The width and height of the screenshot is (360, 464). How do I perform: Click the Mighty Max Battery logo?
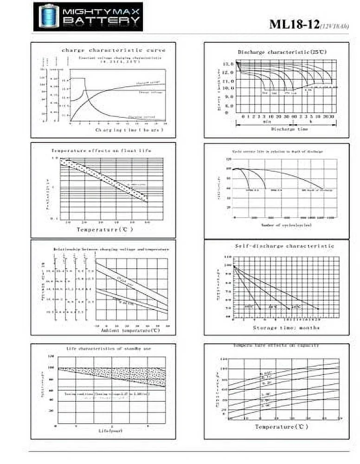coord(88,17)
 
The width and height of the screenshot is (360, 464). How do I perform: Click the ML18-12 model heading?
coord(294,25)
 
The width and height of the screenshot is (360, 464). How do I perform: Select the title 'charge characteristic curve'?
coord(113,50)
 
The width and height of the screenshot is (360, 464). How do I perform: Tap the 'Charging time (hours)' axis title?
coord(123,130)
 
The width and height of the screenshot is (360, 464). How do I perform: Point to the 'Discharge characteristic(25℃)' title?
coord(282,52)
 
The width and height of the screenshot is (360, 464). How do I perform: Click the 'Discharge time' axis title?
coord(289,129)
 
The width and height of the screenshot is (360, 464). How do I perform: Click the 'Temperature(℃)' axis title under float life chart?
coord(105,229)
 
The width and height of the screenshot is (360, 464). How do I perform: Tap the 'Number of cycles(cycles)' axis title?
coord(286,225)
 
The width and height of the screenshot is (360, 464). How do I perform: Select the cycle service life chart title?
coord(277,152)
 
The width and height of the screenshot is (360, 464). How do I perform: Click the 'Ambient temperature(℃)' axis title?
coord(130,330)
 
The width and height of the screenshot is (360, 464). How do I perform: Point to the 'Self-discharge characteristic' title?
coord(285,245)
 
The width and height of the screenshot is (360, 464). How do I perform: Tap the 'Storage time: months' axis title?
coord(286,328)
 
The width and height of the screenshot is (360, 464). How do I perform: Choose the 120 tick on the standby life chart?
coord(51,357)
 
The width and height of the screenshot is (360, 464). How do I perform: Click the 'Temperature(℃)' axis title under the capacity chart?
coord(282,426)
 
